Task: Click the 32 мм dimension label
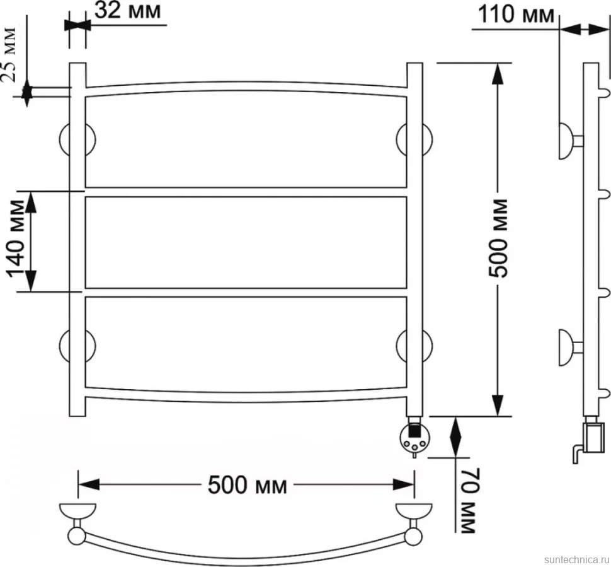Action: pos(127,11)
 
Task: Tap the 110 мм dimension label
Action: pos(515,15)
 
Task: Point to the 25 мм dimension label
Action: pos(9,54)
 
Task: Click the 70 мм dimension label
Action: pos(469,500)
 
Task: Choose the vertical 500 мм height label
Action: pos(498,238)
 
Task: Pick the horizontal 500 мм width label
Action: pos(248,485)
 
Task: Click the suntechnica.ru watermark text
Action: pos(576,559)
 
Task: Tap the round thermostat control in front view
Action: pos(414,438)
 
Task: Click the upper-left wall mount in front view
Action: pos(77,140)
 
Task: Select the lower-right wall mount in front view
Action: pos(414,346)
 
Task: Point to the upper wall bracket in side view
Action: pos(571,141)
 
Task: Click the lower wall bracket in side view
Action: pos(571,348)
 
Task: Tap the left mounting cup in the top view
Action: pos(77,510)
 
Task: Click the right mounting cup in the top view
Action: pos(414,510)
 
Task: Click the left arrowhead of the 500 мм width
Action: pos(89,484)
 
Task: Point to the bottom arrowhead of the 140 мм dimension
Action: pos(31,281)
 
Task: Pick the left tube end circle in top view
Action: pos(76,536)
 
